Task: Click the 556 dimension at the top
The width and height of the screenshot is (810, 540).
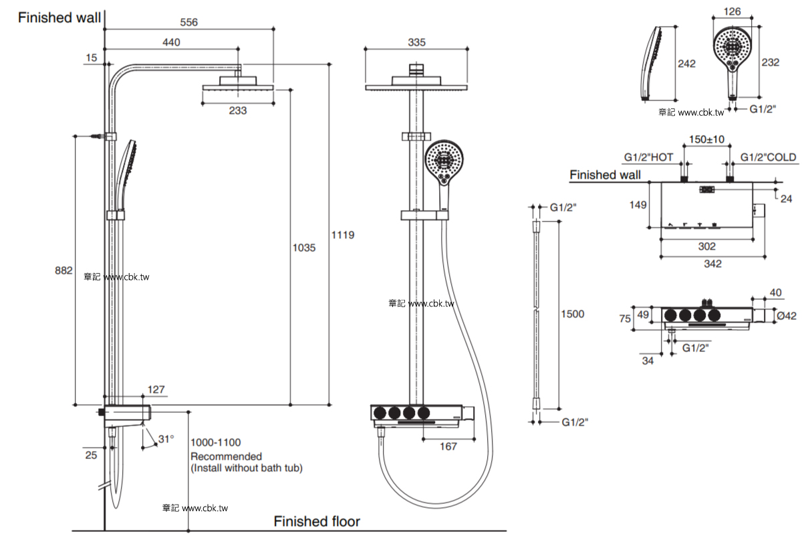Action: tap(188, 23)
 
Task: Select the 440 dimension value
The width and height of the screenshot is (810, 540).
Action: tap(171, 42)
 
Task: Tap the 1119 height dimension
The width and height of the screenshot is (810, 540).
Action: tap(343, 235)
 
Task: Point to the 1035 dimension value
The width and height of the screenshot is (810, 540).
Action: tap(303, 248)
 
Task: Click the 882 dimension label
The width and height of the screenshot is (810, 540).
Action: tap(63, 270)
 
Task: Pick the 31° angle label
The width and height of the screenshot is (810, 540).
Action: tap(166, 439)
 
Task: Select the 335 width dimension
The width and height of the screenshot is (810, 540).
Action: tap(416, 42)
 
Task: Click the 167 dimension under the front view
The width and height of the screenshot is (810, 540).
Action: tap(448, 446)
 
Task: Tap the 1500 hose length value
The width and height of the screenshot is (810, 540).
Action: tap(573, 314)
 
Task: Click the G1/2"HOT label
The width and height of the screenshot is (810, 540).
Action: tap(649, 157)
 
